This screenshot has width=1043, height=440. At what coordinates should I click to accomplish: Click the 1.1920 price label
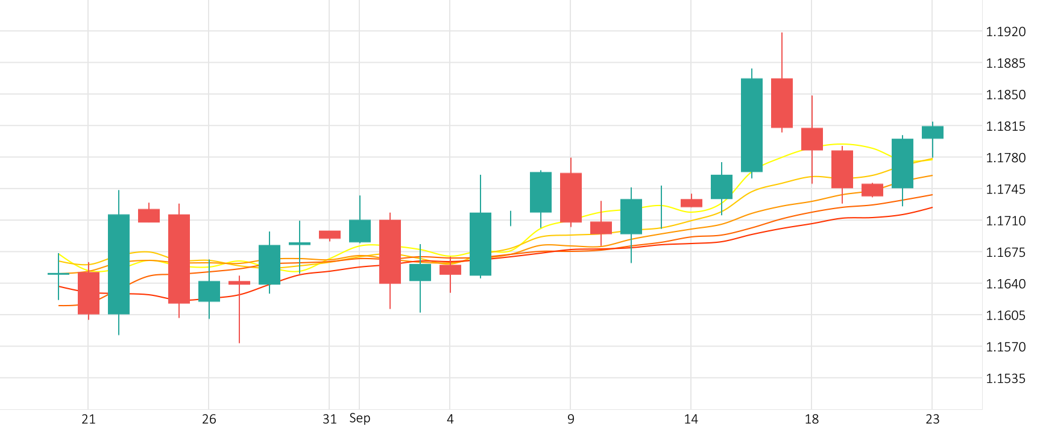pyautogui.click(x=1005, y=32)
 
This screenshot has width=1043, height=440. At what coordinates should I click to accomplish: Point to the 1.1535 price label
pyautogui.click(x=1005, y=379)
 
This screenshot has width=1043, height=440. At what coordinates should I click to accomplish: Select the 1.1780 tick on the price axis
pyautogui.click(x=1005, y=158)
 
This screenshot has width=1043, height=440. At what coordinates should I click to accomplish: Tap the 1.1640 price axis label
pyautogui.click(x=1005, y=284)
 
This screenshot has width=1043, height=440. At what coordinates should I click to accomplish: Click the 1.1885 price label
pyautogui.click(x=1005, y=63)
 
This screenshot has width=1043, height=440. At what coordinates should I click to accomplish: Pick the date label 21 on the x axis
pyautogui.click(x=89, y=420)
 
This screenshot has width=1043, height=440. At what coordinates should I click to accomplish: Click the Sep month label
pyautogui.click(x=360, y=418)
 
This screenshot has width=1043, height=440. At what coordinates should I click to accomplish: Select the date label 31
pyautogui.click(x=329, y=420)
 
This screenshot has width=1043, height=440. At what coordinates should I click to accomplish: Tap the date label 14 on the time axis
pyautogui.click(x=691, y=420)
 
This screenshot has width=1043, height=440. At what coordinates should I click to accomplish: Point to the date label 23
pyautogui.click(x=932, y=420)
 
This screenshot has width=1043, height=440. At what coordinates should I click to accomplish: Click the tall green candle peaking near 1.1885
pyautogui.click(x=752, y=125)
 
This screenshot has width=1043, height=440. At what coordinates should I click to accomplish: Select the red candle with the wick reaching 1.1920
pyautogui.click(x=782, y=102)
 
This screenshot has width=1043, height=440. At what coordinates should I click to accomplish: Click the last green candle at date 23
pyautogui.click(x=933, y=132)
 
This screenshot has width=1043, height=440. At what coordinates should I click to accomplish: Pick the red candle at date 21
pyautogui.click(x=89, y=293)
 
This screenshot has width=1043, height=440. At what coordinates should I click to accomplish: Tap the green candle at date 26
pyautogui.click(x=209, y=291)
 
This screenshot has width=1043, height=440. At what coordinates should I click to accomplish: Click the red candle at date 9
pyautogui.click(x=571, y=197)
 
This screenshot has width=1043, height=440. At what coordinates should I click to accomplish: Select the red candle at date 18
pyautogui.click(x=812, y=139)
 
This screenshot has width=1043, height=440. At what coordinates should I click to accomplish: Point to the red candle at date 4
pyautogui.click(x=450, y=269)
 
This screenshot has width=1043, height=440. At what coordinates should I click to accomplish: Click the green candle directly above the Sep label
pyautogui.click(x=360, y=231)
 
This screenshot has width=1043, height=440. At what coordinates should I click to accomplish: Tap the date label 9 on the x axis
pyautogui.click(x=570, y=420)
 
